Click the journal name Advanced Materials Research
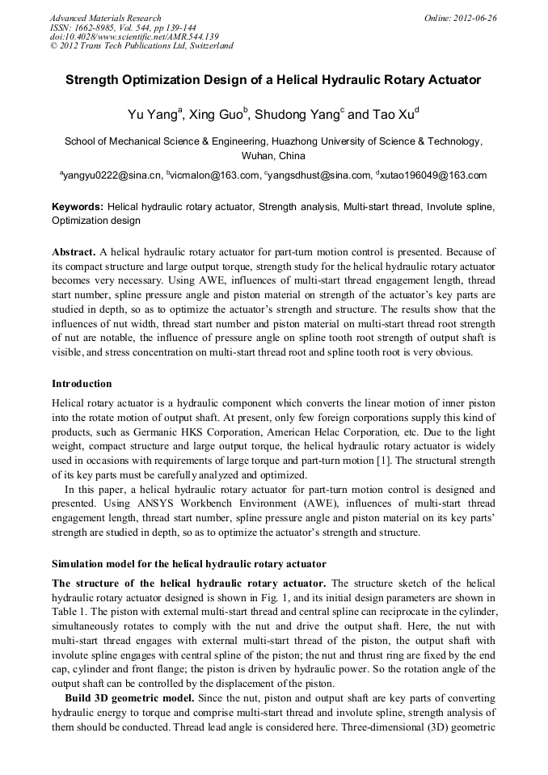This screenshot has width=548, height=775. [x=106, y=18]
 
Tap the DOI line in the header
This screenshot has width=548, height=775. [x=133, y=36]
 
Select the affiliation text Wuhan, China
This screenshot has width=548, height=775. [x=273, y=155]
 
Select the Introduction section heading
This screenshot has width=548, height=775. [x=82, y=383]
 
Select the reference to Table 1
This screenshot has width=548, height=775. [x=66, y=609]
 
